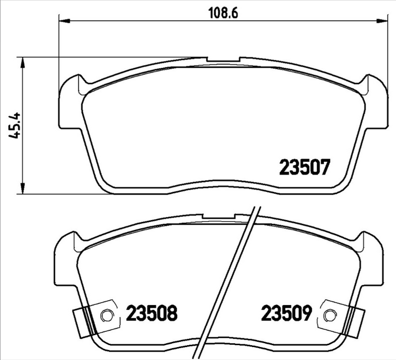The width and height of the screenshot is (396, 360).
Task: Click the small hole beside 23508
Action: click(x=105, y=315)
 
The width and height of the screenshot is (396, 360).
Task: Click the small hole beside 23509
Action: click(x=330, y=315)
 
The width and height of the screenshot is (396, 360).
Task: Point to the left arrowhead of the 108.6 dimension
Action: click(x=63, y=21)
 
